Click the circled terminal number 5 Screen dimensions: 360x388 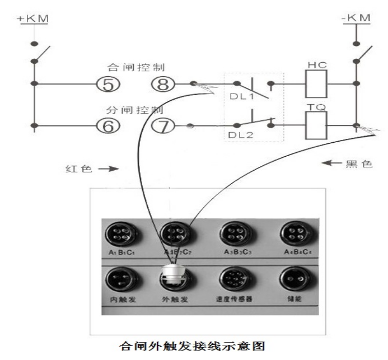[109, 85]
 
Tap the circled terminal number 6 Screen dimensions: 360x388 [109, 125]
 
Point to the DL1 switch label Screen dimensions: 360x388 [242, 98]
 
